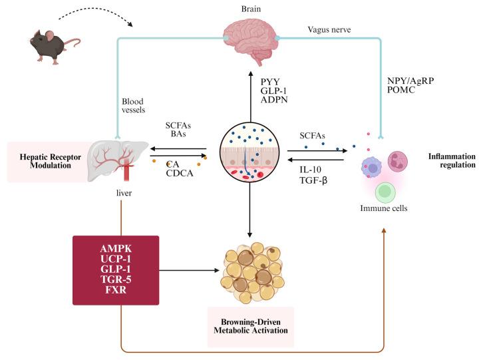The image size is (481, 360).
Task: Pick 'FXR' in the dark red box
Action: [116, 291]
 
